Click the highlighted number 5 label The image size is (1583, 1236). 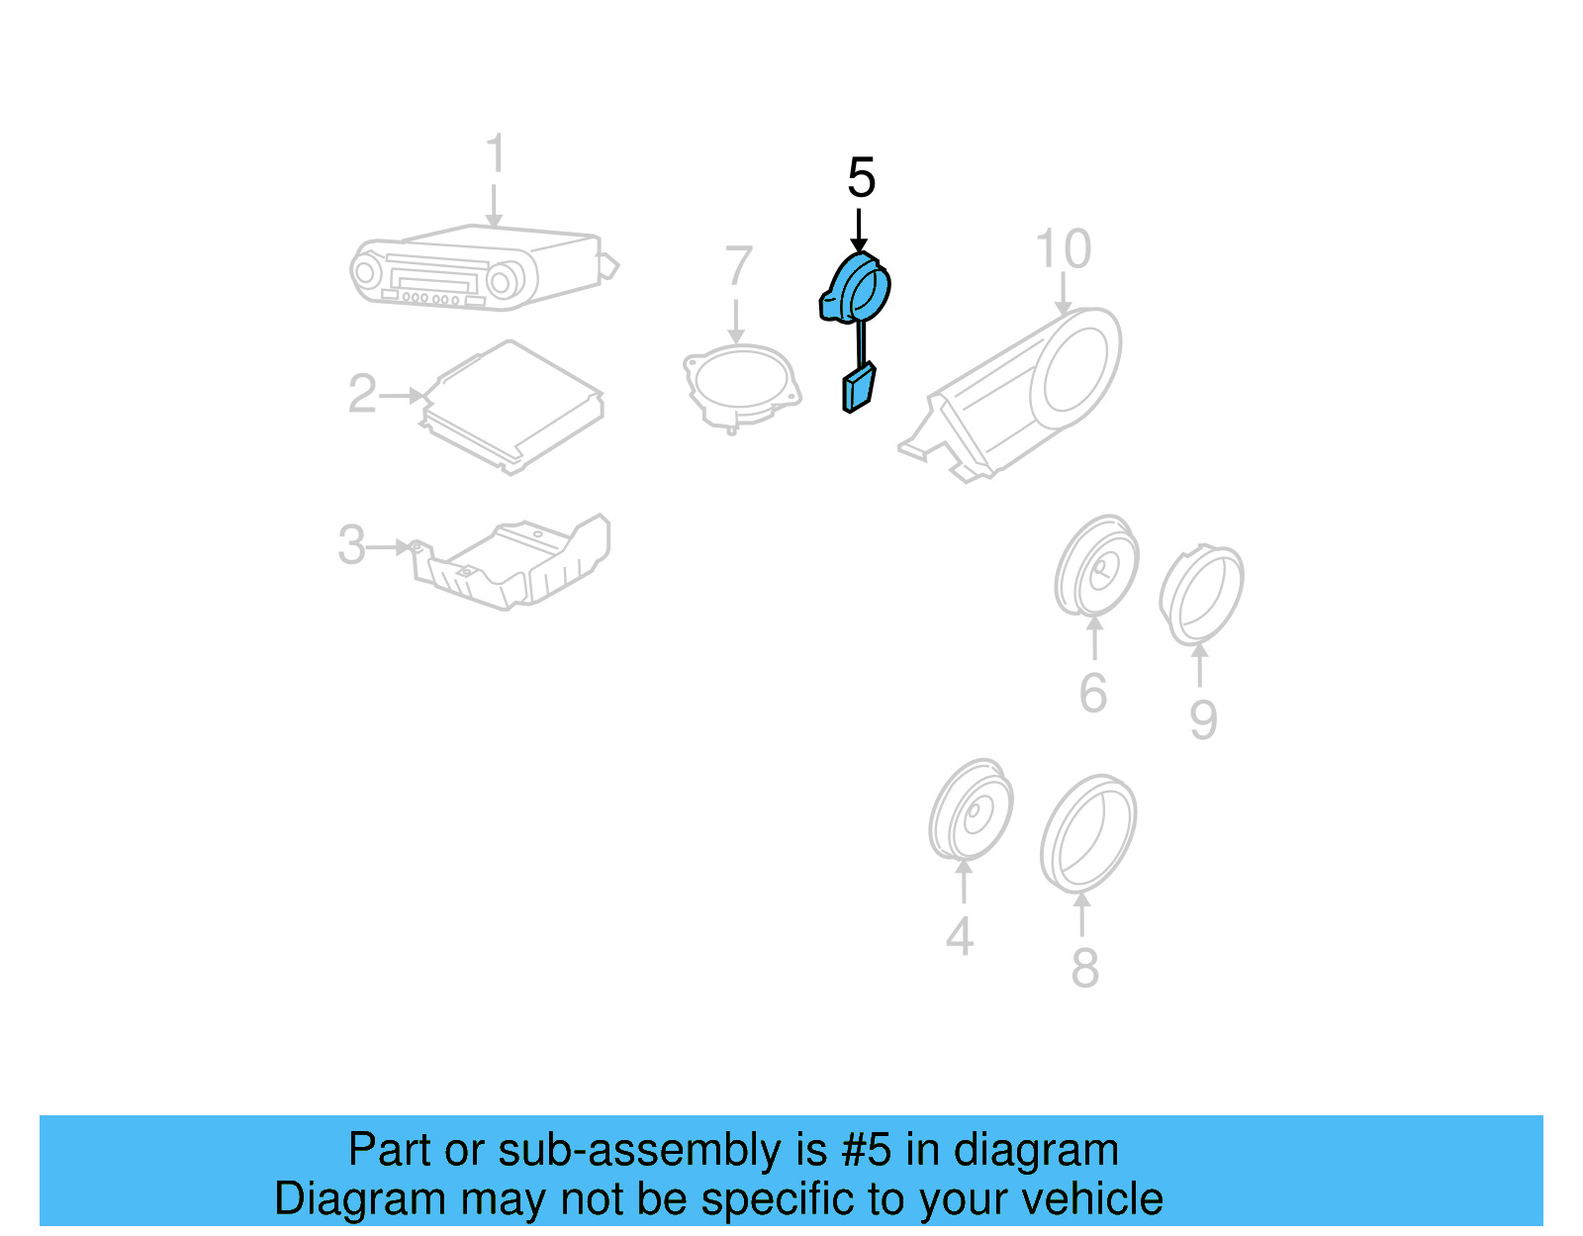[x=861, y=178]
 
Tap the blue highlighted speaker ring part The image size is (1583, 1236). [x=857, y=288]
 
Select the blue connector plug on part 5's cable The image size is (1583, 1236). [x=858, y=387]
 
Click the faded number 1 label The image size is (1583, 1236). [x=495, y=154]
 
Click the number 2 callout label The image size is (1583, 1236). [x=362, y=394]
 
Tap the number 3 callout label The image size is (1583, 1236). [x=351, y=544]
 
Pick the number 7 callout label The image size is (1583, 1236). [x=738, y=266]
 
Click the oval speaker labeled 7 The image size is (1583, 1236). [x=740, y=386]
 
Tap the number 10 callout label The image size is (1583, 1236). [x=1063, y=249]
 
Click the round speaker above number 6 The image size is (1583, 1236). [x=1096, y=566]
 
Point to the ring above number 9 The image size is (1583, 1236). [x=1202, y=594]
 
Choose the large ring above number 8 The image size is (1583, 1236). [x=1087, y=833]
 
